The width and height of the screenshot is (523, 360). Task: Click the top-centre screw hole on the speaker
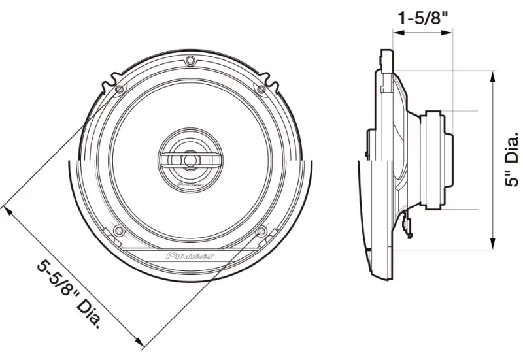coord(190,61)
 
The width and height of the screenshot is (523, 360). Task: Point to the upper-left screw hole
coord(119,90)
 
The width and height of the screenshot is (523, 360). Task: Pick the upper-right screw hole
coord(262,89)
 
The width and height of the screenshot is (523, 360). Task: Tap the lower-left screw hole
coord(118,231)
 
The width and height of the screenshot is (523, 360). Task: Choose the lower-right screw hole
coord(262,231)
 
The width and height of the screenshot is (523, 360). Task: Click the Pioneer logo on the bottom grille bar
coord(190,256)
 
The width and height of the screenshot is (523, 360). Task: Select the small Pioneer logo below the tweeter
coord(190,184)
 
